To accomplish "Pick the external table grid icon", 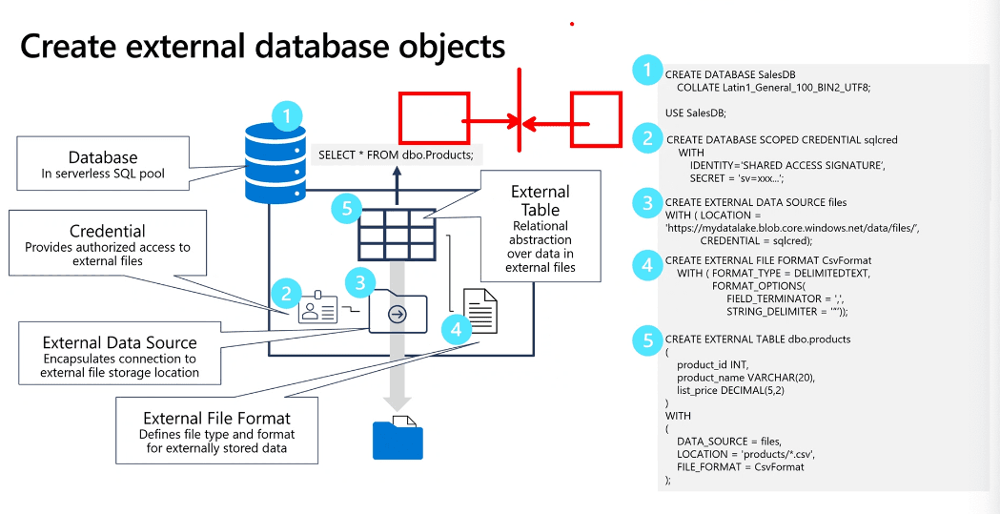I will [x=397, y=235].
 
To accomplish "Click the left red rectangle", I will [x=434, y=118].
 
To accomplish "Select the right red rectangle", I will [x=596, y=119].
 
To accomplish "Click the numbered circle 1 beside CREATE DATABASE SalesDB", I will [x=647, y=70].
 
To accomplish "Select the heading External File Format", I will [x=216, y=418].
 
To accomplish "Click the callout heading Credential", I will [x=108, y=232].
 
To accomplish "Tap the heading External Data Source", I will [x=120, y=342].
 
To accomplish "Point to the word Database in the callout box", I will [x=103, y=157].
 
